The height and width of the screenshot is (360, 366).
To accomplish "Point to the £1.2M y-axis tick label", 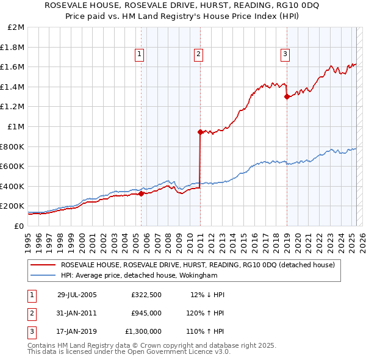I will tap(13, 107).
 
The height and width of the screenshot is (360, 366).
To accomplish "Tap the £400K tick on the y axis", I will tap(13, 186).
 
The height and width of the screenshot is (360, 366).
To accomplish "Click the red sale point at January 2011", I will tap(200, 132).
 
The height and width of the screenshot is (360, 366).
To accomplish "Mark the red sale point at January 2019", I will tap(287, 96).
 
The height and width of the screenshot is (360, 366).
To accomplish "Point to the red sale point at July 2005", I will tap(142, 194).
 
